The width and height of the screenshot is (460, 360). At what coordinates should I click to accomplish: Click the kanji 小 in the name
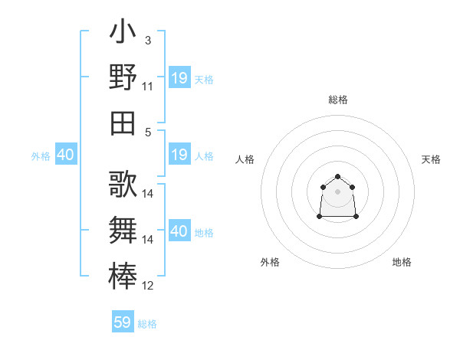[123, 34]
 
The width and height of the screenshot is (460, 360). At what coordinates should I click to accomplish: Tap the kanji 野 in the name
[123, 77]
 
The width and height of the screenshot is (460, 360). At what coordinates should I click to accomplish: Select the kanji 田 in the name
[123, 122]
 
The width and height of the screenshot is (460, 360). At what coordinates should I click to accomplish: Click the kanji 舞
[123, 229]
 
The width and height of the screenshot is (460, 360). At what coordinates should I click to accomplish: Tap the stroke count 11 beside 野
[148, 86]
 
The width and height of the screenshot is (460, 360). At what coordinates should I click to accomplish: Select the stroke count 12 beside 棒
[148, 286]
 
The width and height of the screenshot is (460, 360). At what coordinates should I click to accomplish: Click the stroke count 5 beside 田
[148, 132]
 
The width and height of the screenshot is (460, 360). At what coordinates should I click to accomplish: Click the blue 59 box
[123, 322]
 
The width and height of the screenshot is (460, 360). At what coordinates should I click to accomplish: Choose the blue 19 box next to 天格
[179, 77]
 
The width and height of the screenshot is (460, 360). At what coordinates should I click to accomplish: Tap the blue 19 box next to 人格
[179, 155]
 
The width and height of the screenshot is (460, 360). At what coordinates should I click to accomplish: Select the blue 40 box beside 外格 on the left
[65, 155]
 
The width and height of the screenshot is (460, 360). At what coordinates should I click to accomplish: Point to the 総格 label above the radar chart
[338, 100]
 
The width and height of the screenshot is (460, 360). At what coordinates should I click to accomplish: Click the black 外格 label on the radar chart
[270, 262]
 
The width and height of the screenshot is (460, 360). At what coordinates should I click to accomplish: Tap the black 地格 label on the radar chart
[402, 262]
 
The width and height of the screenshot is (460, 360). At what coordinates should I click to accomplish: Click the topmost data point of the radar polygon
[337, 176]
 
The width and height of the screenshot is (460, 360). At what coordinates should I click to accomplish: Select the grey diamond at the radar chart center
[337, 191]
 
